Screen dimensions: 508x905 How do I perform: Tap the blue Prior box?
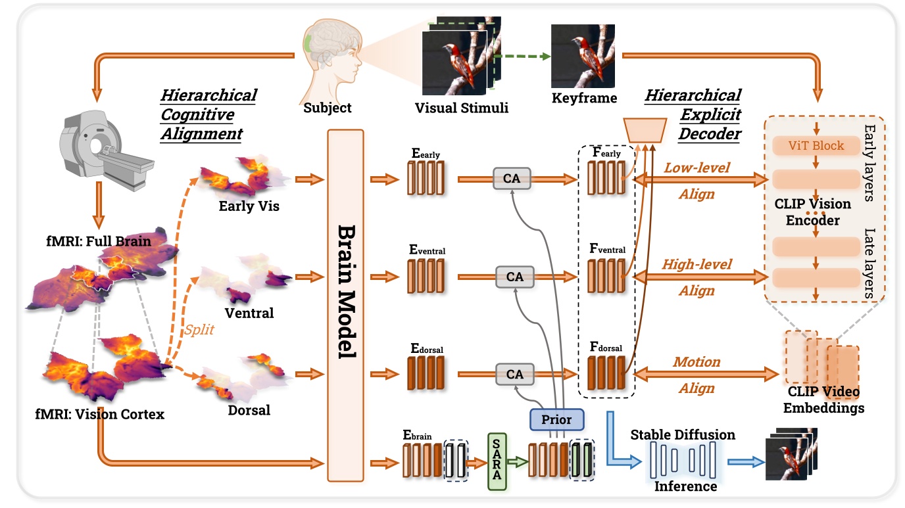(x=556, y=418)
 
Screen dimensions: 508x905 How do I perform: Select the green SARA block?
(x=497, y=461)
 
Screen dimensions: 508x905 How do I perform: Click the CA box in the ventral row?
(x=515, y=277)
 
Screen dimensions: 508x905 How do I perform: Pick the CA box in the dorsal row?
(x=515, y=374)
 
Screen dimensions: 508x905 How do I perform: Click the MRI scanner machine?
(x=105, y=148)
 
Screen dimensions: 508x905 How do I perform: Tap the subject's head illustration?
(x=328, y=59)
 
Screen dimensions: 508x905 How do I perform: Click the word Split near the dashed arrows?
(x=199, y=330)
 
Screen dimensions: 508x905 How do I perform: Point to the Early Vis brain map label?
(x=249, y=206)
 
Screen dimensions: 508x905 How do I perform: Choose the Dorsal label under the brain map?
(x=250, y=411)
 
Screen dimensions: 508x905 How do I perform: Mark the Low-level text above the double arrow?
(x=697, y=168)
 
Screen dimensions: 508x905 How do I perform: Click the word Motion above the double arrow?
(x=697, y=362)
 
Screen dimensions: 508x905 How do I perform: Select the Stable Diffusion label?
(x=683, y=435)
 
